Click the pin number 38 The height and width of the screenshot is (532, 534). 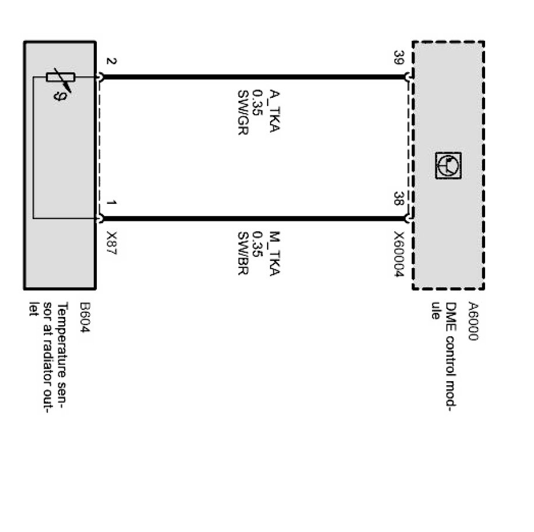point(399,199)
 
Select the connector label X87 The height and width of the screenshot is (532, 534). point(111,241)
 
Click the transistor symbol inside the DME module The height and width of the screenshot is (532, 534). point(448,165)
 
